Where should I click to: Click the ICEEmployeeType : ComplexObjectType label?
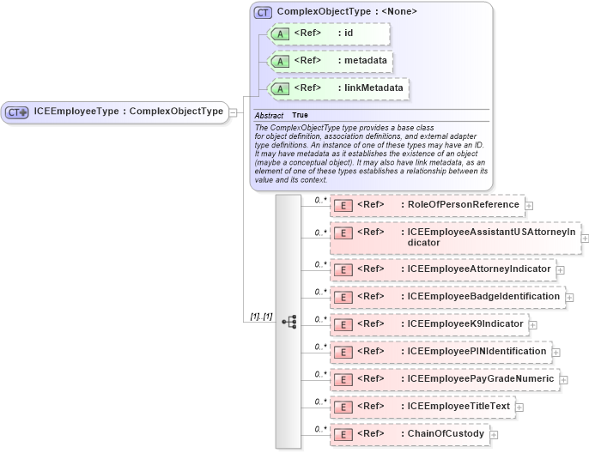click(x=129, y=112)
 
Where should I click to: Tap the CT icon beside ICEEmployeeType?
click(x=17, y=112)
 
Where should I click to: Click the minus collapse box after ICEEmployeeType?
click(x=233, y=112)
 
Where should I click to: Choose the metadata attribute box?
click(x=330, y=61)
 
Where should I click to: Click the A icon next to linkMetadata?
click(x=280, y=88)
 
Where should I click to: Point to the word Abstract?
click(x=269, y=115)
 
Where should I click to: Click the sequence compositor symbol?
click(x=288, y=322)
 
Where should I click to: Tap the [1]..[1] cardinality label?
click(x=261, y=317)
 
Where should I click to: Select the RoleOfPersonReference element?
click(x=427, y=205)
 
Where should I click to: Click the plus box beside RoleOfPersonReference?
click(x=529, y=206)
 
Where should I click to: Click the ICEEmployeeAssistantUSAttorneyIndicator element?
click(x=455, y=237)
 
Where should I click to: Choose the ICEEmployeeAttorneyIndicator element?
click(x=442, y=269)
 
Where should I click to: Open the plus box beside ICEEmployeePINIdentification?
click(x=556, y=352)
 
